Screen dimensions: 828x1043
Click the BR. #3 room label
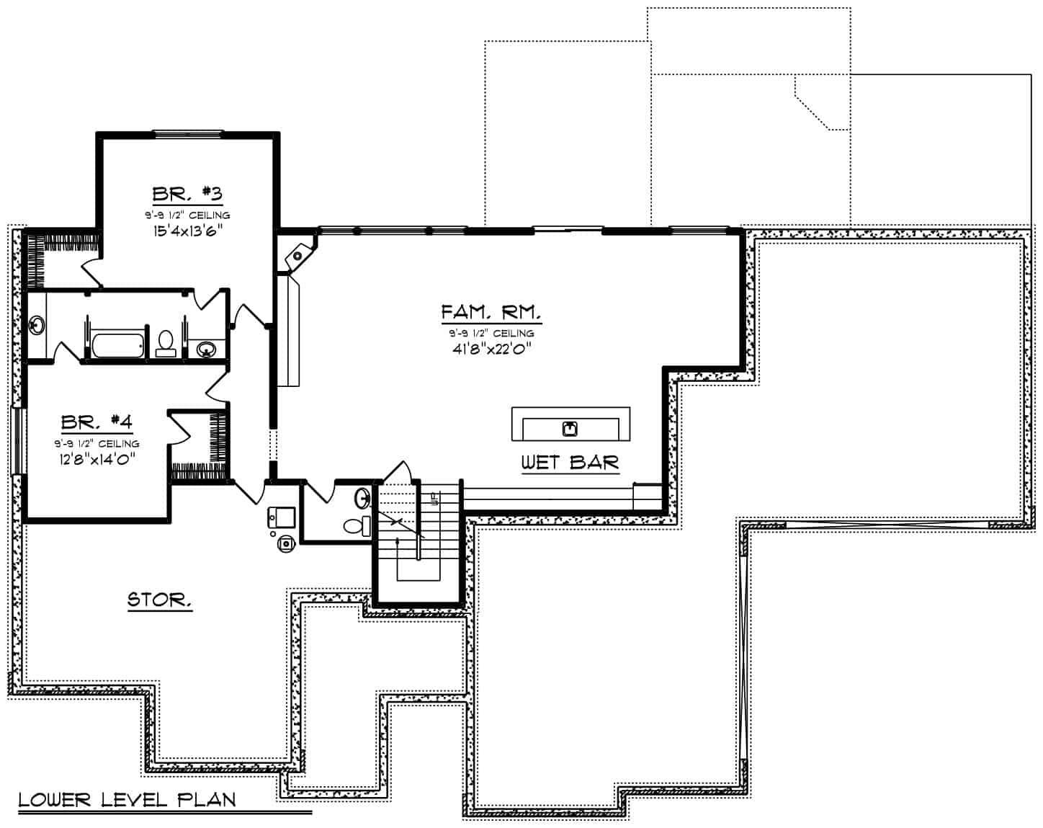tap(187, 194)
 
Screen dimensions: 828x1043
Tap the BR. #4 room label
tap(97, 422)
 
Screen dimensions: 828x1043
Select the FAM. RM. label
tap(491, 312)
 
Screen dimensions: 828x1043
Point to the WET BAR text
tap(569, 462)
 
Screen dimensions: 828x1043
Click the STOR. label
tap(159, 600)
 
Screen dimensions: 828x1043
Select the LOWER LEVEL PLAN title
tap(127, 799)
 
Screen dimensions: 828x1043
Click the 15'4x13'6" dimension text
tap(187, 231)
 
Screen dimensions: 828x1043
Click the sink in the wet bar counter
tap(570, 429)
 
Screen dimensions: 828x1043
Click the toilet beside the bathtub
tap(166, 342)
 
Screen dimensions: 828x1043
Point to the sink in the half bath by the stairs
tap(363, 498)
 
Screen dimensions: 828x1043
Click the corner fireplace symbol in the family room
tap(297, 254)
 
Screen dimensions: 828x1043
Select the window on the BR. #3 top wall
tap(187, 133)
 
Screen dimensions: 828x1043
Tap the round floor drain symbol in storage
tap(286, 543)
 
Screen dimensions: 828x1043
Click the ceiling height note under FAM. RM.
tap(491, 333)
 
